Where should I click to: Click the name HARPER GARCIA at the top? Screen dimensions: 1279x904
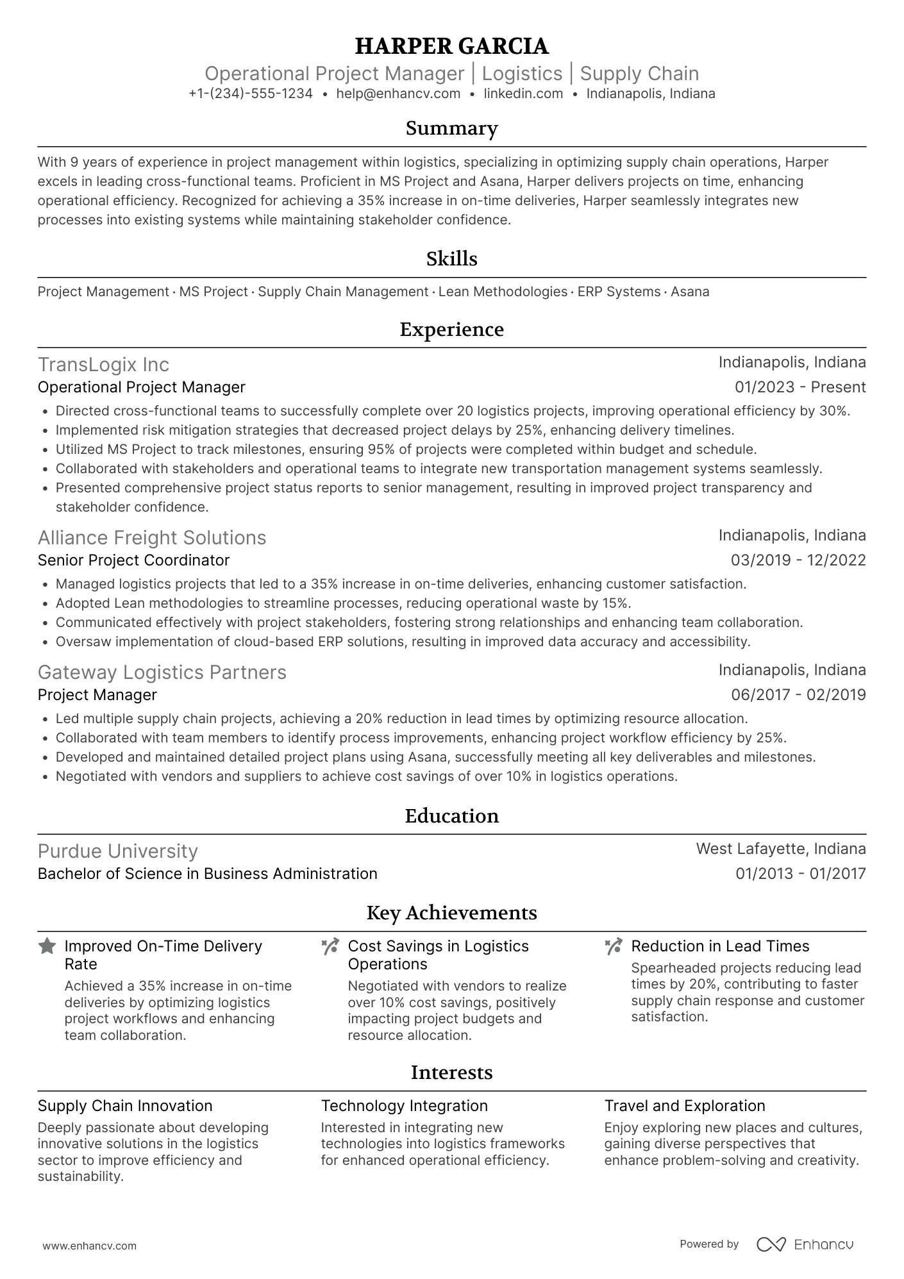[451, 46]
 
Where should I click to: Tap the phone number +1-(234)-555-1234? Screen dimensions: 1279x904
[251, 94]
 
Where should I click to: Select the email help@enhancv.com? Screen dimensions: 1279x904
[398, 94]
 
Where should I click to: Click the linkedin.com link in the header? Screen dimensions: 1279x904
[523, 94]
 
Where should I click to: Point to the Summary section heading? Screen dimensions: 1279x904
[451, 128]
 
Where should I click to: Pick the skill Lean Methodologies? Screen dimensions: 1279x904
[503, 292]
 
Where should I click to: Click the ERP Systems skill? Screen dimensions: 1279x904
[619, 292]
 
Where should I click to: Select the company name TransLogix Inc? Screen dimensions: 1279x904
[103, 365]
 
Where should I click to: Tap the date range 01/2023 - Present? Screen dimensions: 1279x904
[800, 387]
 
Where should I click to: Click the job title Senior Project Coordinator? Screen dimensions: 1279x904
[133, 560]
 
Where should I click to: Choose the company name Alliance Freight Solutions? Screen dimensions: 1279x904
[152, 538]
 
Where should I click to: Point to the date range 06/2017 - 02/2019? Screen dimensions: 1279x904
[798, 695]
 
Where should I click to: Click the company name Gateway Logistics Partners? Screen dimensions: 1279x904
[162, 673]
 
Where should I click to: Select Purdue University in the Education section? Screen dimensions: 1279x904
[118, 851]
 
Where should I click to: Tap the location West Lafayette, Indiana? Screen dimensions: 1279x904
[780, 849]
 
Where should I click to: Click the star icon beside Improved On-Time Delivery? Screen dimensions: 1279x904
[47, 946]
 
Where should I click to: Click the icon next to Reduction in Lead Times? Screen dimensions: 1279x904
[614, 946]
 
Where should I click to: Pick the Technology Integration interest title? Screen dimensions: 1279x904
[404, 1106]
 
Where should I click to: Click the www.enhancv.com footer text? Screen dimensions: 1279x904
[89, 1246]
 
